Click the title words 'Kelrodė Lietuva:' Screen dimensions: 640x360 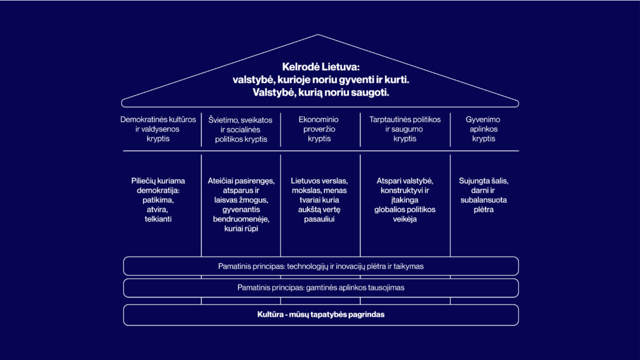[x=321, y=67]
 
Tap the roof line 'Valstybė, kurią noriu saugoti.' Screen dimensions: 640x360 [x=321, y=92]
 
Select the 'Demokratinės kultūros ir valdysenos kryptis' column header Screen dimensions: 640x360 [x=158, y=129]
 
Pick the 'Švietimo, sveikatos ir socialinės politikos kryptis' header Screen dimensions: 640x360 [x=241, y=129]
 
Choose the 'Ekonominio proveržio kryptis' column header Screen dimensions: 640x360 [x=319, y=129]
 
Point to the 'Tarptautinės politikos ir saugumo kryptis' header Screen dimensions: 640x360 [x=405, y=129]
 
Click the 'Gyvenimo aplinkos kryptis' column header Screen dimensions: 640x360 [x=483, y=129]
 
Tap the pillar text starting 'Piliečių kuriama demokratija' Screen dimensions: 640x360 [x=158, y=200]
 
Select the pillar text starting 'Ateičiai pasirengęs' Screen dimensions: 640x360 [x=241, y=204]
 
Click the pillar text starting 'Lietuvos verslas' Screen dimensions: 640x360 [x=319, y=200]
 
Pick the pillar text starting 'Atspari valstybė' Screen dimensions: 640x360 [x=405, y=200]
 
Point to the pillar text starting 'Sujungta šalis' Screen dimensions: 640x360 [x=484, y=195]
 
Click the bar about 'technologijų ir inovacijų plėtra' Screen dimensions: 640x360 [x=321, y=266]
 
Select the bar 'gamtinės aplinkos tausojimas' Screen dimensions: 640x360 [x=321, y=287]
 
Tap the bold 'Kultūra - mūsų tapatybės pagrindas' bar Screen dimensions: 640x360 [x=321, y=315]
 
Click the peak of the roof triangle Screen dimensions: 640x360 [x=318, y=35]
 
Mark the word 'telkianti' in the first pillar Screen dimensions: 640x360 [x=158, y=219]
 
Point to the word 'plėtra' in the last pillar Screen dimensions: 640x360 [x=484, y=210]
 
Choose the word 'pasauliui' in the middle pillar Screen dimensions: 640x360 [x=319, y=219]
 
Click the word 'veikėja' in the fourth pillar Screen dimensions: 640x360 [x=405, y=219]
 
